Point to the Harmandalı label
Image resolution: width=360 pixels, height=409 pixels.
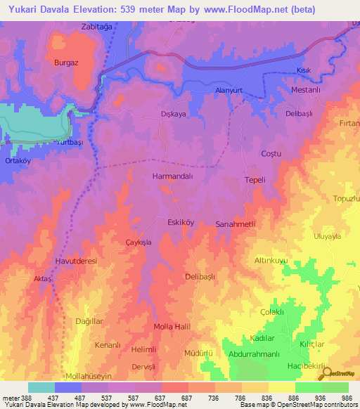pyautogui.click(x=172, y=177)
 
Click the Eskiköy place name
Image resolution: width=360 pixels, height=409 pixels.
pyautogui.click(x=180, y=222)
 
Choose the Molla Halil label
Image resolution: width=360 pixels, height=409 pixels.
pyautogui.click(x=173, y=327)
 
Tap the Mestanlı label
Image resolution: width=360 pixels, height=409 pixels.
pyautogui.click(x=305, y=90)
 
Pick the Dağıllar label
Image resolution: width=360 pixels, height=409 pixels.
pyautogui.click(x=89, y=321)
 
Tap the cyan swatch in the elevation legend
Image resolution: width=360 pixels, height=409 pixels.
pyautogui.click(x=41, y=387)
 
